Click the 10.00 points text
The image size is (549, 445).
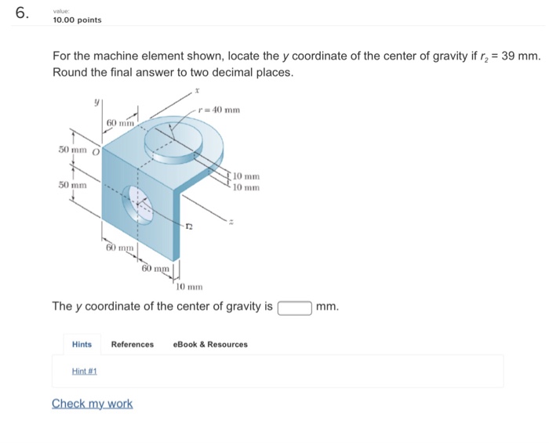coord(77,20)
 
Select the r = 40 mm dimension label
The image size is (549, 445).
coord(220,109)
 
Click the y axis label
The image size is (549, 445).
coord(96,101)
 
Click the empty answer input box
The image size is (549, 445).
coord(295,306)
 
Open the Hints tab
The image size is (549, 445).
coord(82,344)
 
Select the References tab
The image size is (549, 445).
coord(133,344)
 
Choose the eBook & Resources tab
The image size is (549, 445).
coord(210,344)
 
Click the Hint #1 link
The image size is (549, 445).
coord(84,371)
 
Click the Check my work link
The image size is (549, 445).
coord(92,403)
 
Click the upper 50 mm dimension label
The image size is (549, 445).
coord(73,149)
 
